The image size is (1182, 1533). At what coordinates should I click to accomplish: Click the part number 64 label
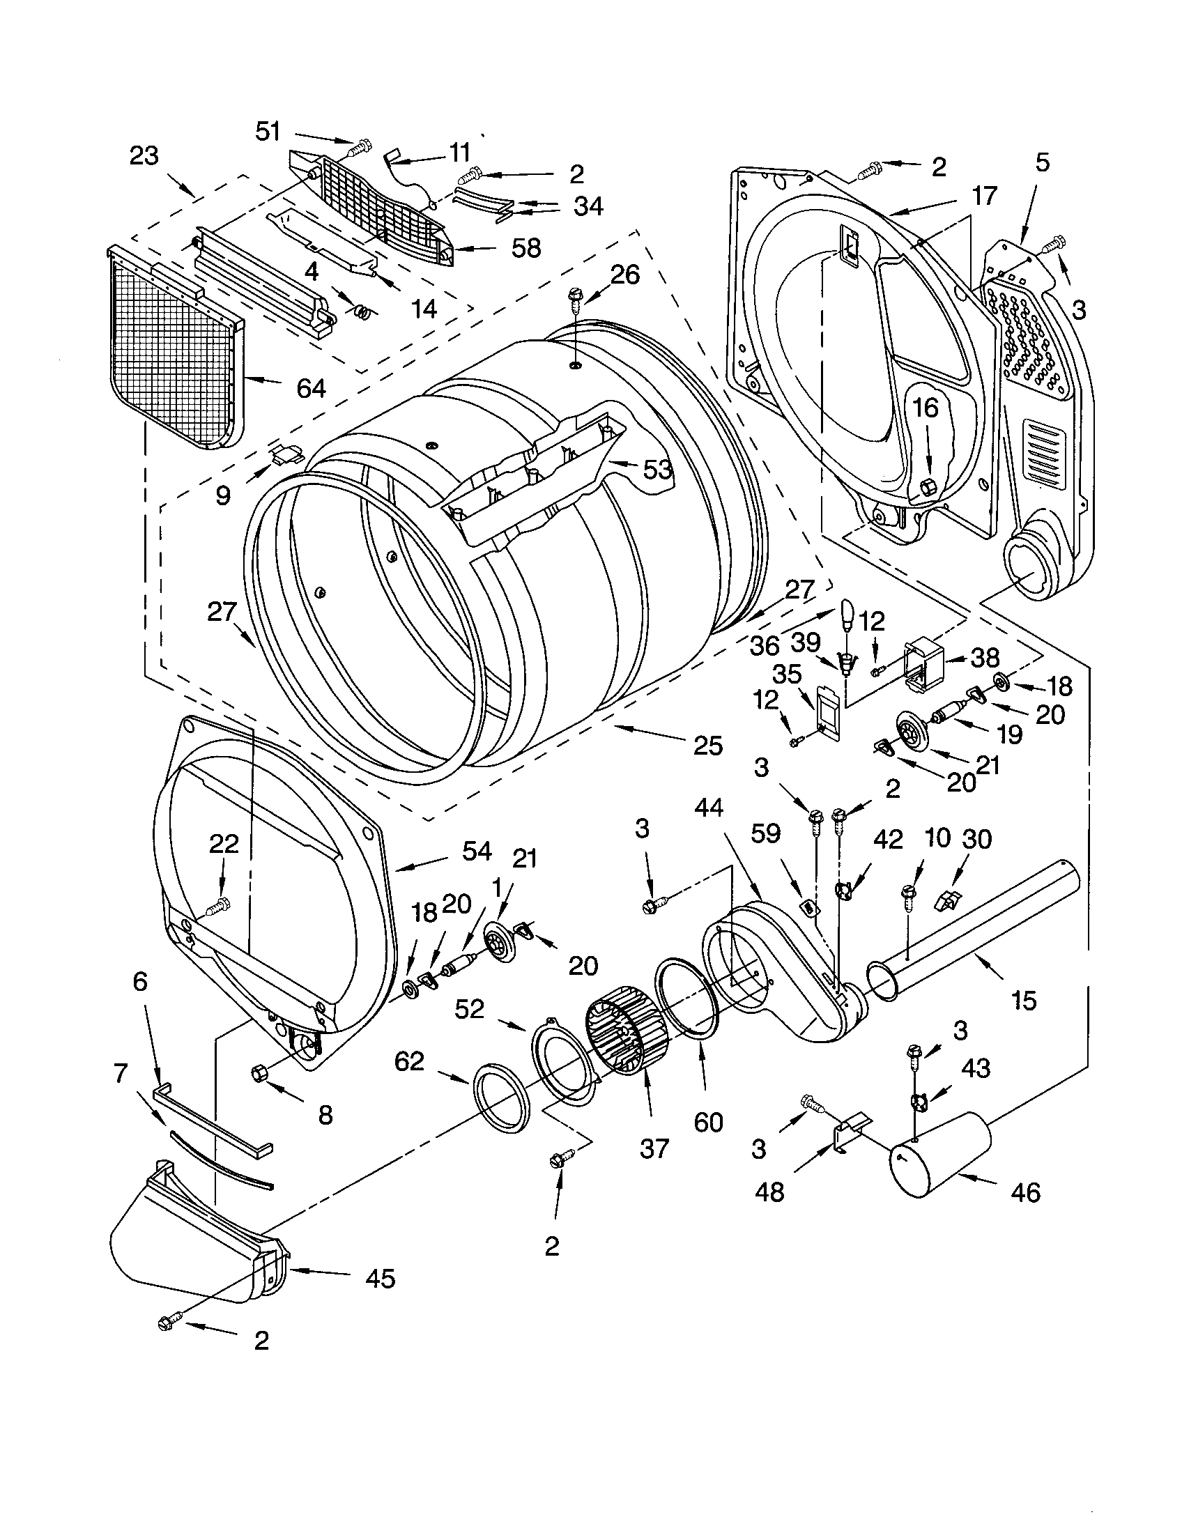coord(311,387)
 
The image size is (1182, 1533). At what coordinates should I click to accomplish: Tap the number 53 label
coord(657,470)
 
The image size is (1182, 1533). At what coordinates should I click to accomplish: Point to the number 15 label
coord(1024,1001)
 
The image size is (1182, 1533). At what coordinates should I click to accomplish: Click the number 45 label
coord(380,1278)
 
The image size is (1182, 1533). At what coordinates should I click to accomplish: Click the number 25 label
coord(707,746)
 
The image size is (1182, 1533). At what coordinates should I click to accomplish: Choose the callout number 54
coord(477,852)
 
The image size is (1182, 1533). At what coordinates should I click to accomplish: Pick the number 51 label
coord(268,131)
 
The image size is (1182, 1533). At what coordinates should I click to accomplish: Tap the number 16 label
coord(926,407)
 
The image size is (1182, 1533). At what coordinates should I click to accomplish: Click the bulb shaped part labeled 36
coord(847,614)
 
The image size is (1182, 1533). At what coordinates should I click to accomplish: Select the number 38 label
coord(985,658)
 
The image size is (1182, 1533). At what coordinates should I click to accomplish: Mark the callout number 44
coord(709,808)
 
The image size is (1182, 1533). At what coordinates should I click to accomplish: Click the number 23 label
coord(144,155)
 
